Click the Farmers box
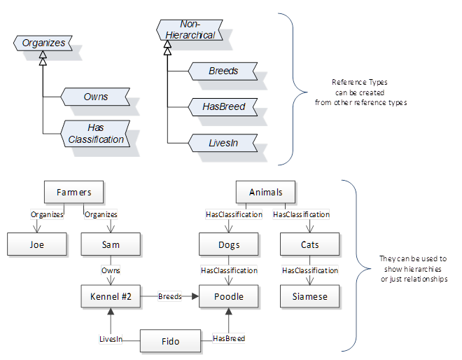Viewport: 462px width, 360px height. click(73, 191)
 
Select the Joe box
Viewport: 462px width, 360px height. click(37, 244)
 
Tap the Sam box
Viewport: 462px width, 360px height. click(111, 244)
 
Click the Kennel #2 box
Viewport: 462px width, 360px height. click(111, 296)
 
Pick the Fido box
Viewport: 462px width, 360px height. click(170, 341)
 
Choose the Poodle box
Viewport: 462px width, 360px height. click(229, 296)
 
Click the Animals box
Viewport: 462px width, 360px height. click(265, 191)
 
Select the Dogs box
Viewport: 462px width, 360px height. click(229, 244)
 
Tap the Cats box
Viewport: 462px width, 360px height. click(310, 244)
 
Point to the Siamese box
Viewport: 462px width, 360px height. click(310, 296)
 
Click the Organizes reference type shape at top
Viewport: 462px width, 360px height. click(44, 43)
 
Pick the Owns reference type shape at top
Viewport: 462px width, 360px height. click(95, 97)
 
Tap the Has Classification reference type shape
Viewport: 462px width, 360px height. click(95, 133)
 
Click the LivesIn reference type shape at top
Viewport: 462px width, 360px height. click(223, 143)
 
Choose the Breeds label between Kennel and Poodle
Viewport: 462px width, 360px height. click(169, 296)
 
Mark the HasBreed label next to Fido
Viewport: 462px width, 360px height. click(229, 338)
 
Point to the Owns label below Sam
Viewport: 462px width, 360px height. click(111, 270)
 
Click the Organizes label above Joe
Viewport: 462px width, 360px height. click(47, 214)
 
